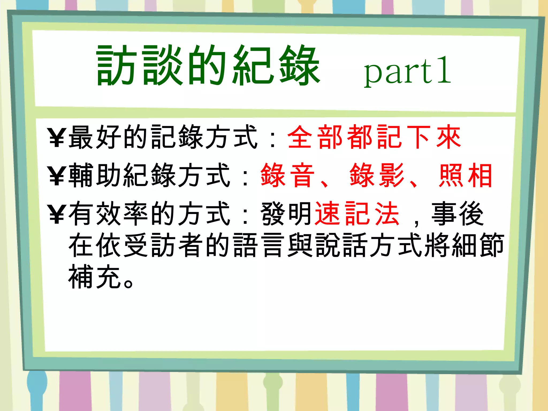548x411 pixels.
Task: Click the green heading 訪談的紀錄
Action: tap(208, 66)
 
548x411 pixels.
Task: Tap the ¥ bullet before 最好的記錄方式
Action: tap(57, 138)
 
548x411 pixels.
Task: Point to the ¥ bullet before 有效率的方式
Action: tap(57, 214)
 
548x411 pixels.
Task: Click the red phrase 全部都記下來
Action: tap(374, 137)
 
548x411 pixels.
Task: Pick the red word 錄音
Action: tap(287, 175)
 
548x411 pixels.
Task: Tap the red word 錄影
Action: tap(377, 175)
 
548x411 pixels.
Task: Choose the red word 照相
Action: tap(466, 175)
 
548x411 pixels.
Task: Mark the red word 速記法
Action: tap(357, 214)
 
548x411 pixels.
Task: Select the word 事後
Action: tap(458, 214)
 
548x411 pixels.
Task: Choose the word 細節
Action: tap(478, 245)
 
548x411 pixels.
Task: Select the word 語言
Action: tap(258, 245)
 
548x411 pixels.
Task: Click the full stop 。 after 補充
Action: tap(128, 283)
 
